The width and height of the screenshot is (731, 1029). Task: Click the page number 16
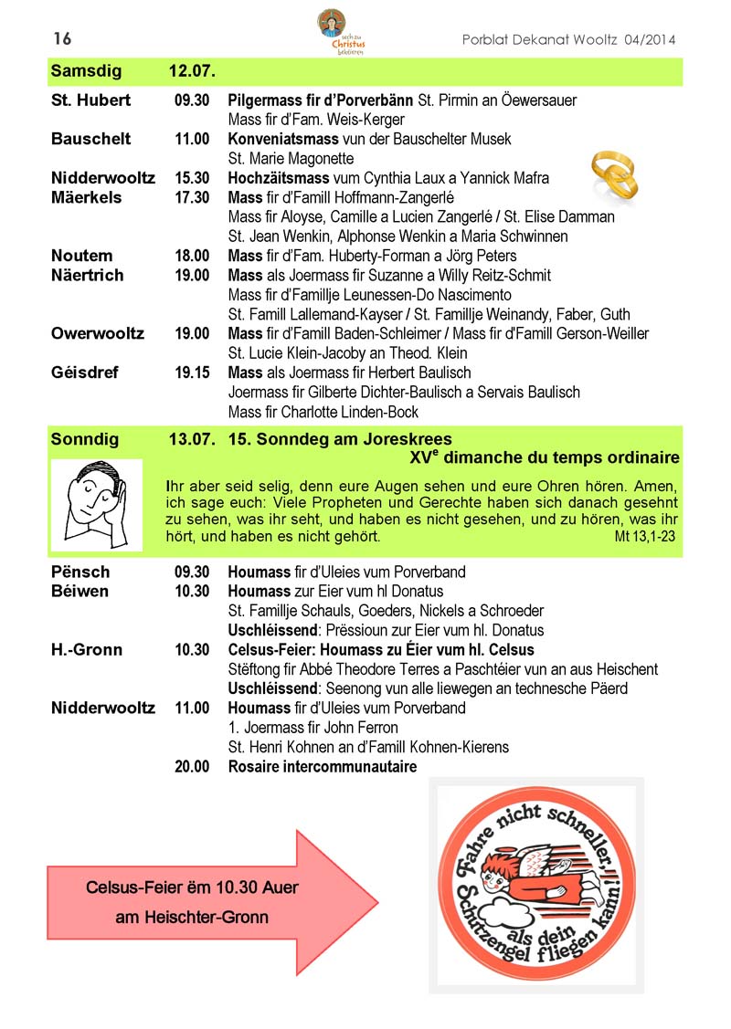[x=62, y=38]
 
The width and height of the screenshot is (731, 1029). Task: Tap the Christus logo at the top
[x=333, y=32]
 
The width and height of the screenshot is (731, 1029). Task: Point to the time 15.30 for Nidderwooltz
[x=192, y=178]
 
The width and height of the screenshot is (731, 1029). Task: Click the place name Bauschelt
[x=90, y=139]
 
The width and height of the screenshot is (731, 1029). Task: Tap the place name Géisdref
[x=84, y=373]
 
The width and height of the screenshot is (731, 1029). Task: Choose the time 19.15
[x=192, y=373]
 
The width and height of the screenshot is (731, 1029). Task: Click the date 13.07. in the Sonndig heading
[x=192, y=439]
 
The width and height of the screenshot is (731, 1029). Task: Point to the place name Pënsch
[x=80, y=572]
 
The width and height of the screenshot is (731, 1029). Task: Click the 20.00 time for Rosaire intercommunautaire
[x=192, y=767]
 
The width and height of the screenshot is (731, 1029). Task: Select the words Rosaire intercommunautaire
[x=322, y=767]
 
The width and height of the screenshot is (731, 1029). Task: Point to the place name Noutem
[x=82, y=256]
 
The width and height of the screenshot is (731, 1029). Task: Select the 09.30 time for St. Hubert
[x=192, y=100]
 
